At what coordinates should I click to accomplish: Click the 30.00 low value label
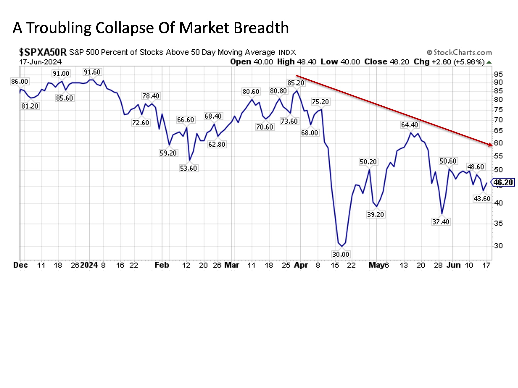click(x=340, y=254)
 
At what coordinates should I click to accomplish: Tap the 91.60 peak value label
click(x=92, y=72)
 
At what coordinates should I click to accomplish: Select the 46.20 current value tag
click(x=503, y=182)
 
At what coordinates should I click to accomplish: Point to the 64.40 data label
click(x=409, y=125)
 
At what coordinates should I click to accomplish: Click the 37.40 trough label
click(x=441, y=222)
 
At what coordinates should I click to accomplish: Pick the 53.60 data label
click(x=188, y=168)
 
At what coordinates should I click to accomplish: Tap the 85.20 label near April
click(x=296, y=83)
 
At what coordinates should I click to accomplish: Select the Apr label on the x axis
click(x=301, y=265)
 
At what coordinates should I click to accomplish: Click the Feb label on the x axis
click(x=162, y=265)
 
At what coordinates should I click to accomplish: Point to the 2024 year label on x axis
click(x=89, y=265)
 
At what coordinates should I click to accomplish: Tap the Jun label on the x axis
click(x=454, y=265)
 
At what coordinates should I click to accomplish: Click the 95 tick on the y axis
click(x=498, y=74)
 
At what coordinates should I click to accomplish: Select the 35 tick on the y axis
click(x=498, y=223)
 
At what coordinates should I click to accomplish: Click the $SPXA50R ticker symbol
click(x=43, y=52)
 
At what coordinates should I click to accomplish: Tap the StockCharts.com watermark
click(x=459, y=52)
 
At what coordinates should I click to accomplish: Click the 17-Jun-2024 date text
click(x=40, y=62)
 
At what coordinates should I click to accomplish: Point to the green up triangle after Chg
click(x=489, y=62)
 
